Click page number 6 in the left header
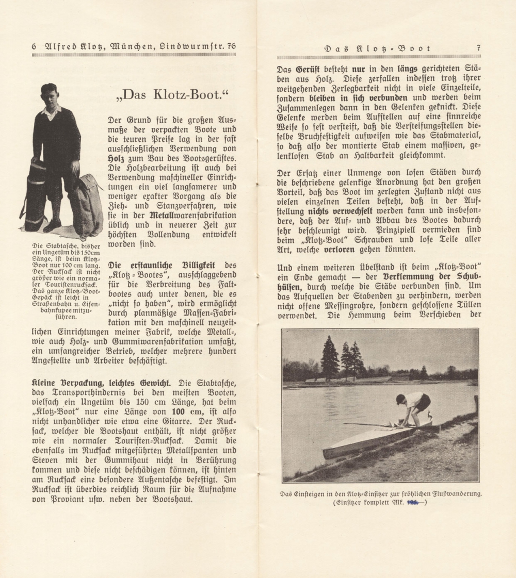click(34, 46)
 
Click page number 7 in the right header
click(479, 48)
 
